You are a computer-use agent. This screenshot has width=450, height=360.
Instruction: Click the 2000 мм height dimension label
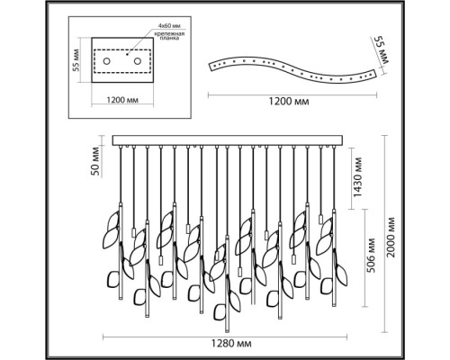tap(391, 238)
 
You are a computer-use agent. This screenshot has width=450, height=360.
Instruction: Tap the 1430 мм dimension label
tap(358, 176)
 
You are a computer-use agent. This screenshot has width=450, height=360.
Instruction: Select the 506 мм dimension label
tap(371, 256)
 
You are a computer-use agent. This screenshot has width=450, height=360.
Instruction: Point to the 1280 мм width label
tap(231, 344)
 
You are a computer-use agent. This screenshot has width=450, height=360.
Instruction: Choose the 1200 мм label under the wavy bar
tap(288, 102)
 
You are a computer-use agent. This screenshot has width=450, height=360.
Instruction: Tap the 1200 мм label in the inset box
tap(122, 100)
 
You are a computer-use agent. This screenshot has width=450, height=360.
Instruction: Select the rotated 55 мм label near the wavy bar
tap(380, 49)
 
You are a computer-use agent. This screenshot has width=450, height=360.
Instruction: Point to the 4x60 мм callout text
tap(169, 26)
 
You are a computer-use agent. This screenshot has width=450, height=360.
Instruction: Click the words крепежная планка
tap(169, 36)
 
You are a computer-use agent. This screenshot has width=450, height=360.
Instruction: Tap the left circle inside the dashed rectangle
tap(106, 61)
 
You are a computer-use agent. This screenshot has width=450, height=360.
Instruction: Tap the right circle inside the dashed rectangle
tap(138, 61)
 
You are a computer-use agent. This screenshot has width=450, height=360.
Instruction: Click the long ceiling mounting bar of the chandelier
tap(228, 140)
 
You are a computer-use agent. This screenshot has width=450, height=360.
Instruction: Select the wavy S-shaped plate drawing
tap(292, 69)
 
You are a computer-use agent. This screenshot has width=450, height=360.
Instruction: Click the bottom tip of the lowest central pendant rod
tap(227, 331)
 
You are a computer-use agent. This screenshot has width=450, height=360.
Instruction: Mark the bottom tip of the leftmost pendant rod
tap(121, 299)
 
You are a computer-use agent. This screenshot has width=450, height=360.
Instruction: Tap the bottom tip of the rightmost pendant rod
tap(334, 305)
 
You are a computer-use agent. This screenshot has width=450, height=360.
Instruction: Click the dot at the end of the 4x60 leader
tap(127, 55)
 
